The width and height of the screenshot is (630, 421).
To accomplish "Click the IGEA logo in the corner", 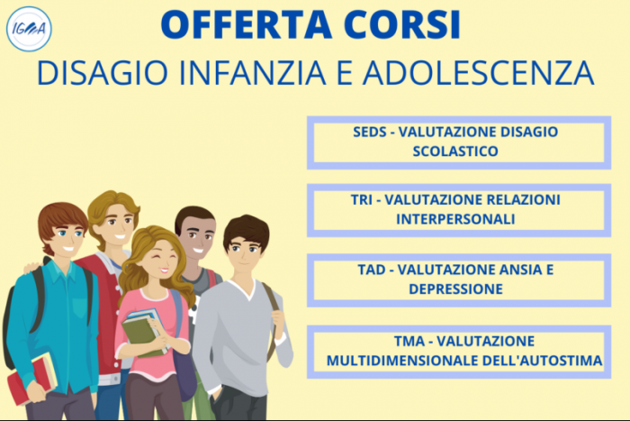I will (x=29, y=28).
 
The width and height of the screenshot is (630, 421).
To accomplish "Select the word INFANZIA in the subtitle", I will (x=230, y=74).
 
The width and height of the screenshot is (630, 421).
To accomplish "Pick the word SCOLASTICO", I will (x=455, y=151).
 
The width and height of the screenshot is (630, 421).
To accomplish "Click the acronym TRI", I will (x=363, y=199).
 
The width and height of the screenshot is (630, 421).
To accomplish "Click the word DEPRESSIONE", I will (x=455, y=288).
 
